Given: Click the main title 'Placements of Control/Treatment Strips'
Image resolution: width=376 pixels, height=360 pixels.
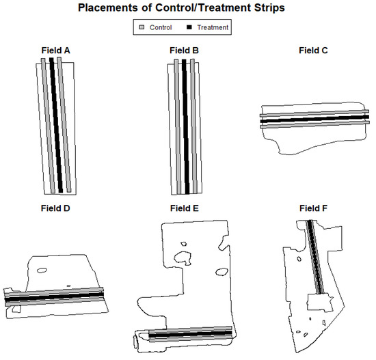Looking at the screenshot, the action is pyautogui.click(x=181, y=8).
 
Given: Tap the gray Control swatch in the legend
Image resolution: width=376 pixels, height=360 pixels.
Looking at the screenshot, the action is pyautogui.click(x=142, y=27).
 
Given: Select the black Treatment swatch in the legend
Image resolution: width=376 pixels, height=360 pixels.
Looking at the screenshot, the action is pyautogui.click(x=189, y=27).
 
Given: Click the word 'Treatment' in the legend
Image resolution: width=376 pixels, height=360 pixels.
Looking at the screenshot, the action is pyautogui.click(x=213, y=27).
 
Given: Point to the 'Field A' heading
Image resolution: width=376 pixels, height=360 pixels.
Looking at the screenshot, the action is pyautogui.click(x=55, y=51).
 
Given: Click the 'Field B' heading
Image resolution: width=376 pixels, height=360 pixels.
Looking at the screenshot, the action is pyautogui.click(x=184, y=51).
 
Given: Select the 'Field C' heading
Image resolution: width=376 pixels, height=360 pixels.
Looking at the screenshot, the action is pyautogui.click(x=313, y=51).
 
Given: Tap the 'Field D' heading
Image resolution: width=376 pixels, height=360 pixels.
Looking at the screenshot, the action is pyautogui.click(x=55, y=208).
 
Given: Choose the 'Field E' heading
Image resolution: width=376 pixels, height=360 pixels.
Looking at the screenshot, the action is pyautogui.click(x=185, y=208).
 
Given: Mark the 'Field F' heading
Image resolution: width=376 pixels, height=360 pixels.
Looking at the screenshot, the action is pyautogui.click(x=313, y=208).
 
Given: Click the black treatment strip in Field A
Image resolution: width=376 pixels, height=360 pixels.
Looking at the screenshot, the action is pyautogui.click(x=56, y=125).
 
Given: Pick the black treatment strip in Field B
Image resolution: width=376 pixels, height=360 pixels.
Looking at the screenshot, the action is pyautogui.click(x=185, y=126).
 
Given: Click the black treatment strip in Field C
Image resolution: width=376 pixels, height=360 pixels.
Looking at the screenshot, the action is pyautogui.click(x=314, y=119).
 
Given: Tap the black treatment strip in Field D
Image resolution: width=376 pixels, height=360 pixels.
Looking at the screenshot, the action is pyautogui.click(x=54, y=296).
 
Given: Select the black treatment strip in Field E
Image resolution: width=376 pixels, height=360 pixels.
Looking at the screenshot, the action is pyautogui.click(x=191, y=333).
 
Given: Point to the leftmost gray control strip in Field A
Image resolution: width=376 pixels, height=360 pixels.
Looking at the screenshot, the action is pyautogui.click(x=48, y=126).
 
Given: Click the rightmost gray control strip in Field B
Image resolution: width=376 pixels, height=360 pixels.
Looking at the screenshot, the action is pyautogui.click(x=193, y=126).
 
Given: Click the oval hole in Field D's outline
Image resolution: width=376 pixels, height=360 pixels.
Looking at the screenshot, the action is pyautogui.click(x=42, y=271).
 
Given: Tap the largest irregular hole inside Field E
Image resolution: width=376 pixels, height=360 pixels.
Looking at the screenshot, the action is pyautogui.click(x=183, y=258).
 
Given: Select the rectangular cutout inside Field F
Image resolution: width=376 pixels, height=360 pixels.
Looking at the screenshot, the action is pyautogui.click(x=320, y=302).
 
